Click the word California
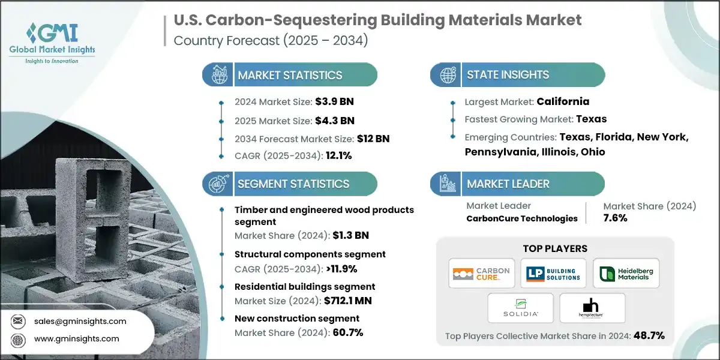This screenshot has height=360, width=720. tap(563, 101)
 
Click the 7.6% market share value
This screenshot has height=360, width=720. tap(615, 218)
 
